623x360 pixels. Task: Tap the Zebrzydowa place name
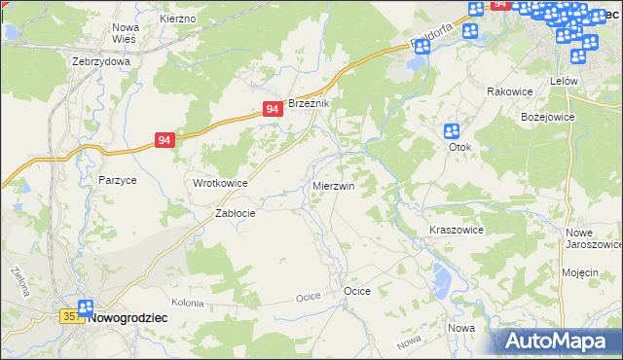(x=101, y=60)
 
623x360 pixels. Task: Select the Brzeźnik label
(x=311, y=103)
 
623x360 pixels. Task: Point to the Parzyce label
(x=117, y=180)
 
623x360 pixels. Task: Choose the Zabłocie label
(x=235, y=214)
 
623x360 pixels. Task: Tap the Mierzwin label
(x=333, y=185)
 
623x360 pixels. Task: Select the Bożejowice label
(x=549, y=116)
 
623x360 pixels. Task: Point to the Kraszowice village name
(x=457, y=230)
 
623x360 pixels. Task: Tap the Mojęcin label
(x=579, y=272)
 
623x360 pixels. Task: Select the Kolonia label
(x=187, y=304)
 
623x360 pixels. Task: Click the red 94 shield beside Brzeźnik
(x=274, y=111)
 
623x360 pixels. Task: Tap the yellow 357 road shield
(x=71, y=317)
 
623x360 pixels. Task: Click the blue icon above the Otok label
(x=452, y=131)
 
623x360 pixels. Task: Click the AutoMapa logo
(x=558, y=341)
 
